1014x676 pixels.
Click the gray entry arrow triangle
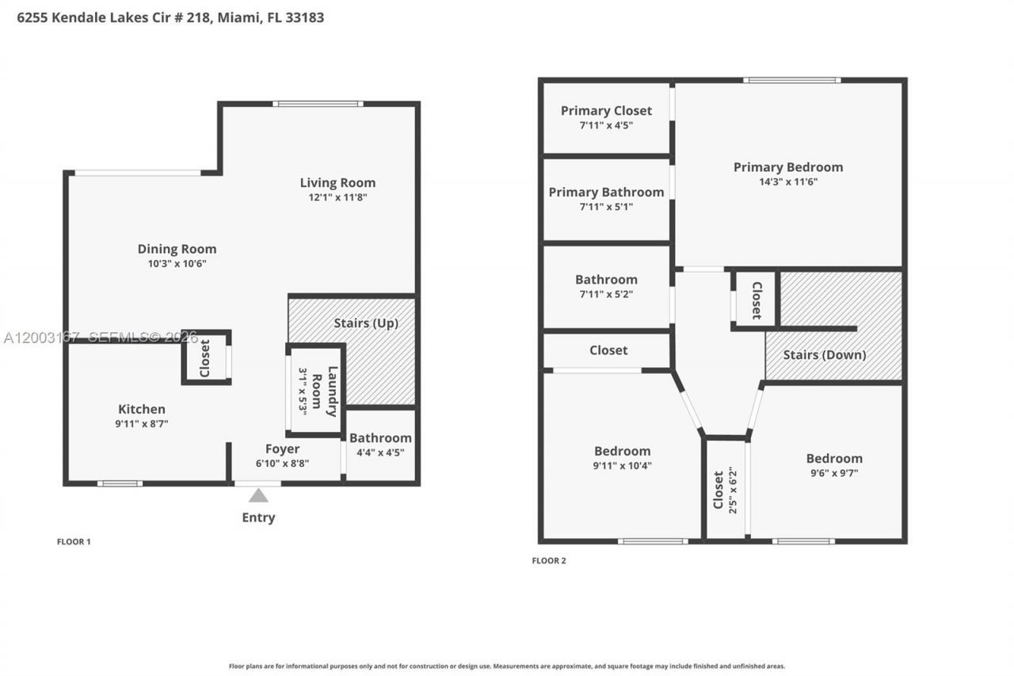click(x=258, y=496)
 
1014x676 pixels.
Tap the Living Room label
click(x=337, y=183)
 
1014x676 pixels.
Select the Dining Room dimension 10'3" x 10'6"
click(x=177, y=264)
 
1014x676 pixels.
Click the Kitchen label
click(x=142, y=410)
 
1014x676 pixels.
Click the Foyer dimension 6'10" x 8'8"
click(x=282, y=463)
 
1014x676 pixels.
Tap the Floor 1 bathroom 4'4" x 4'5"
click(x=380, y=453)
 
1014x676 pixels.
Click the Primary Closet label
click(x=606, y=111)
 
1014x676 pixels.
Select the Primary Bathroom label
click(x=606, y=193)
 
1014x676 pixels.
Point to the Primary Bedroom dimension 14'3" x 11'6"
click(x=787, y=181)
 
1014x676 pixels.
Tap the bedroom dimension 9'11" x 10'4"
click(x=622, y=466)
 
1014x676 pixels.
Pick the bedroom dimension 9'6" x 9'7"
click(x=833, y=473)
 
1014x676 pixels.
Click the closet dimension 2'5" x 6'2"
click(x=732, y=490)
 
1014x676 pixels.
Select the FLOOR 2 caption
click(x=549, y=561)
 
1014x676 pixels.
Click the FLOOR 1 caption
click(x=74, y=542)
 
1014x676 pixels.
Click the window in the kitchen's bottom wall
click(x=120, y=483)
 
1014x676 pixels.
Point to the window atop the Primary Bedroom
click(x=791, y=80)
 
